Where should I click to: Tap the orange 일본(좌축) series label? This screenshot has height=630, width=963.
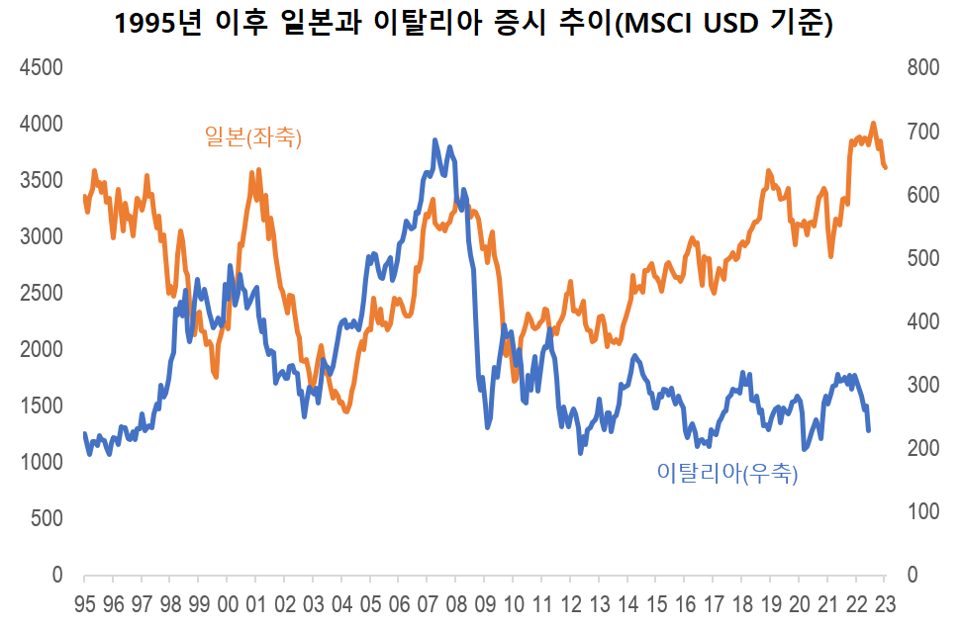pyautogui.click(x=252, y=137)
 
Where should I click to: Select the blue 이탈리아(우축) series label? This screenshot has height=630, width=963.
pyautogui.click(x=726, y=473)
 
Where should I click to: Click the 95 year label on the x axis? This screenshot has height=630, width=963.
pyautogui.click(x=84, y=604)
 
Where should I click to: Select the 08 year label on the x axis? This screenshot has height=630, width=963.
pyautogui.click(x=457, y=604)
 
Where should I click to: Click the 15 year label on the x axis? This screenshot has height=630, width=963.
pyautogui.click(x=658, y=604)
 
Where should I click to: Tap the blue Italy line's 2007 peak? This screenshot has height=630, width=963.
pyautogui.click(x=434, y=140)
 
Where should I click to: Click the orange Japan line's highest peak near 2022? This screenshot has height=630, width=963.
pyautogui.click(x=873, y=124)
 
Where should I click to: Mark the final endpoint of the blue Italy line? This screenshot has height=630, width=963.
pyautogui.click(x=869, y=430)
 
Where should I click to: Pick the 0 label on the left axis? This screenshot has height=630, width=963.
pyautogui.click(x=56, y=576)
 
